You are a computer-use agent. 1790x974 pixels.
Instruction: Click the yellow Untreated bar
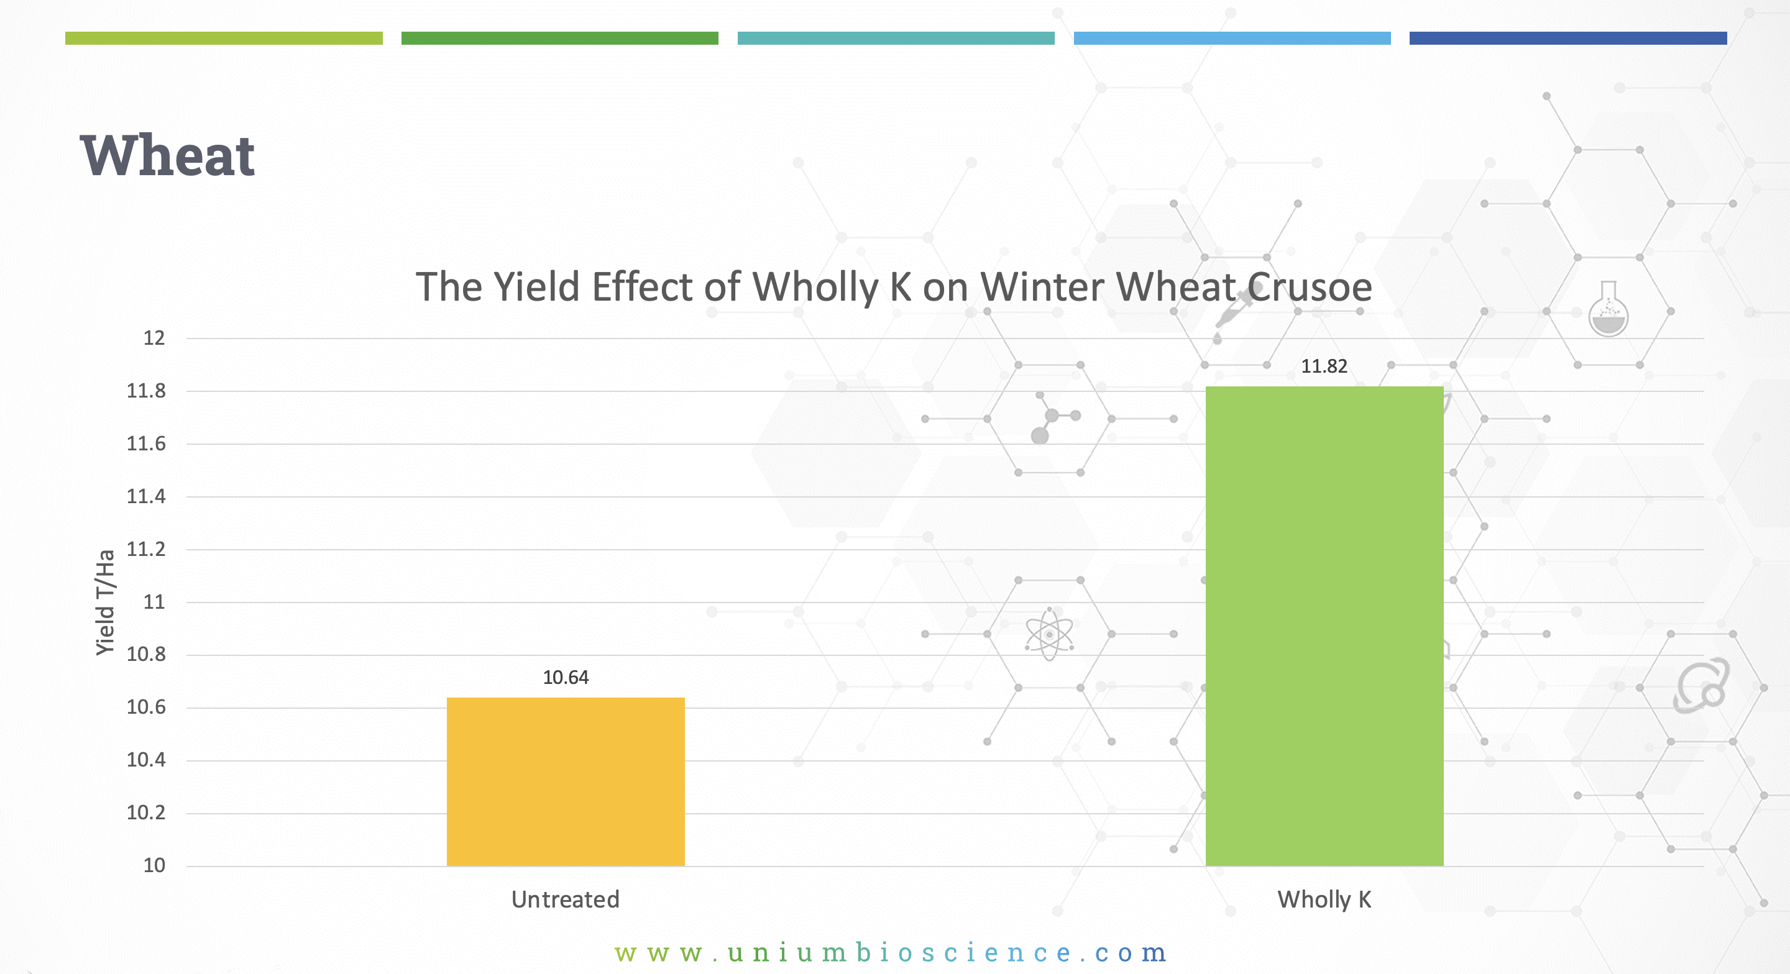click(566, 781)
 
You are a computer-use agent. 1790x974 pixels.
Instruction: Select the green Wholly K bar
click(1324, 626)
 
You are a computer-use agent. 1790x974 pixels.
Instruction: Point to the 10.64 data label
click(566, 677)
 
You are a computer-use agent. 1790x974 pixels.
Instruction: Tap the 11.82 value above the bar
click(1324, 366)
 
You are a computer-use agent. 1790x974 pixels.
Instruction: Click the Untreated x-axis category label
click(566, 899)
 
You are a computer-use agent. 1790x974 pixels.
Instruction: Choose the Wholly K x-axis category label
click(1324, 899)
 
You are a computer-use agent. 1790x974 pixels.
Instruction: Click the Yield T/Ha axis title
click(105, 603)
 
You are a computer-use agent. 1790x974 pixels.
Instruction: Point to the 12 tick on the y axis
click(154, 339)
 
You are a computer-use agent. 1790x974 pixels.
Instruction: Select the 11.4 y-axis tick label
click(146, 496)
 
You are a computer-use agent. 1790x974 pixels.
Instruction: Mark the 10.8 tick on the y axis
click(146, 655)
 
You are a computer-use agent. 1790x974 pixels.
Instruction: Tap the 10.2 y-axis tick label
click(146, 813)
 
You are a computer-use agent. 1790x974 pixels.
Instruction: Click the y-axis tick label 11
click(154, 602)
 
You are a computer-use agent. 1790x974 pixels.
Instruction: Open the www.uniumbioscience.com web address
click(891, 952)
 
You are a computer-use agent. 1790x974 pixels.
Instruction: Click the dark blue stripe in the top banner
click(1568, 39)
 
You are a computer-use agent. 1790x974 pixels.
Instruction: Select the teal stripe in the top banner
click(896, 39)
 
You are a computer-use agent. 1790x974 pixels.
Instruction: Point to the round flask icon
click(1609, 310)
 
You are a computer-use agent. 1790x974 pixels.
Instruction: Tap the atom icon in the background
click(1049, 634)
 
